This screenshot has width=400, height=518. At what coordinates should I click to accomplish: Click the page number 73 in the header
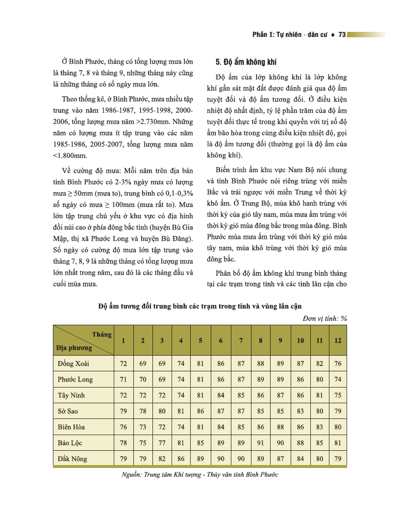pyautogui.click(x=342, y=35)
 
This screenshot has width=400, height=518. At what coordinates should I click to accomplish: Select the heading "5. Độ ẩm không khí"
pyautogui.click(x=246, y=62)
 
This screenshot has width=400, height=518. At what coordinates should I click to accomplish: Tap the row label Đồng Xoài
pyautogui.click(x=73, y=363)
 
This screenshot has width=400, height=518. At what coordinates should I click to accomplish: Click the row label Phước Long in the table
pyautogui.click(x=75, y=379)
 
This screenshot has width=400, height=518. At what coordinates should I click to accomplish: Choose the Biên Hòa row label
pyautogui.click(x=71, y=427)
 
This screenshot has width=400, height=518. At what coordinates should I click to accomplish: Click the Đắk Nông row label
pyautogui.click(x=72, y=459)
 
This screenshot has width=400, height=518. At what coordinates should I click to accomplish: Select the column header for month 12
pyautogui.click(x=337, y=340)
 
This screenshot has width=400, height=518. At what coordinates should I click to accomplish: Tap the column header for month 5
pyautogui.click(x=200, y=340)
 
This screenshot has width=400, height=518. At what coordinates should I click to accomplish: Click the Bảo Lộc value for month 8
pyautogui.click(x=260, y=442)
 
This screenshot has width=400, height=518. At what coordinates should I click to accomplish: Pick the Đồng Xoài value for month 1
pyautogui.click(x=124, y=363)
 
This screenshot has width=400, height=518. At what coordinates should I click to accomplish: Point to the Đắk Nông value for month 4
pyautogui.click(x=181, y=459)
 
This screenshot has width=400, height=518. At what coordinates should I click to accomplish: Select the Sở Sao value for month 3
pyautogui.click(x=162, y=411)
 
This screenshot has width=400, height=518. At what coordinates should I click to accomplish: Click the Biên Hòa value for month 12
pyautogui.click(x=337, y=427)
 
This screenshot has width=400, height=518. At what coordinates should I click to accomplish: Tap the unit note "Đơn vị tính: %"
pyautogui.click(x=324, y=318)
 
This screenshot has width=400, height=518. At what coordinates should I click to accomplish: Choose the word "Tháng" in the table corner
pyautogui.click(x=101, y=335)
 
